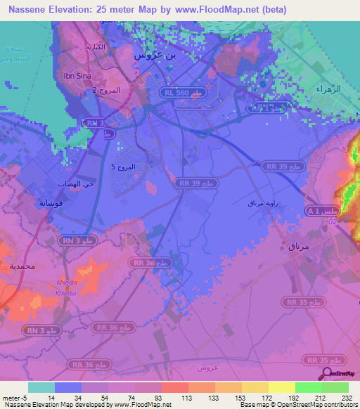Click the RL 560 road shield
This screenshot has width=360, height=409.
[x=186, y=92]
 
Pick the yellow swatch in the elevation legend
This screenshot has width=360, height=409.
[x=281, y=387]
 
